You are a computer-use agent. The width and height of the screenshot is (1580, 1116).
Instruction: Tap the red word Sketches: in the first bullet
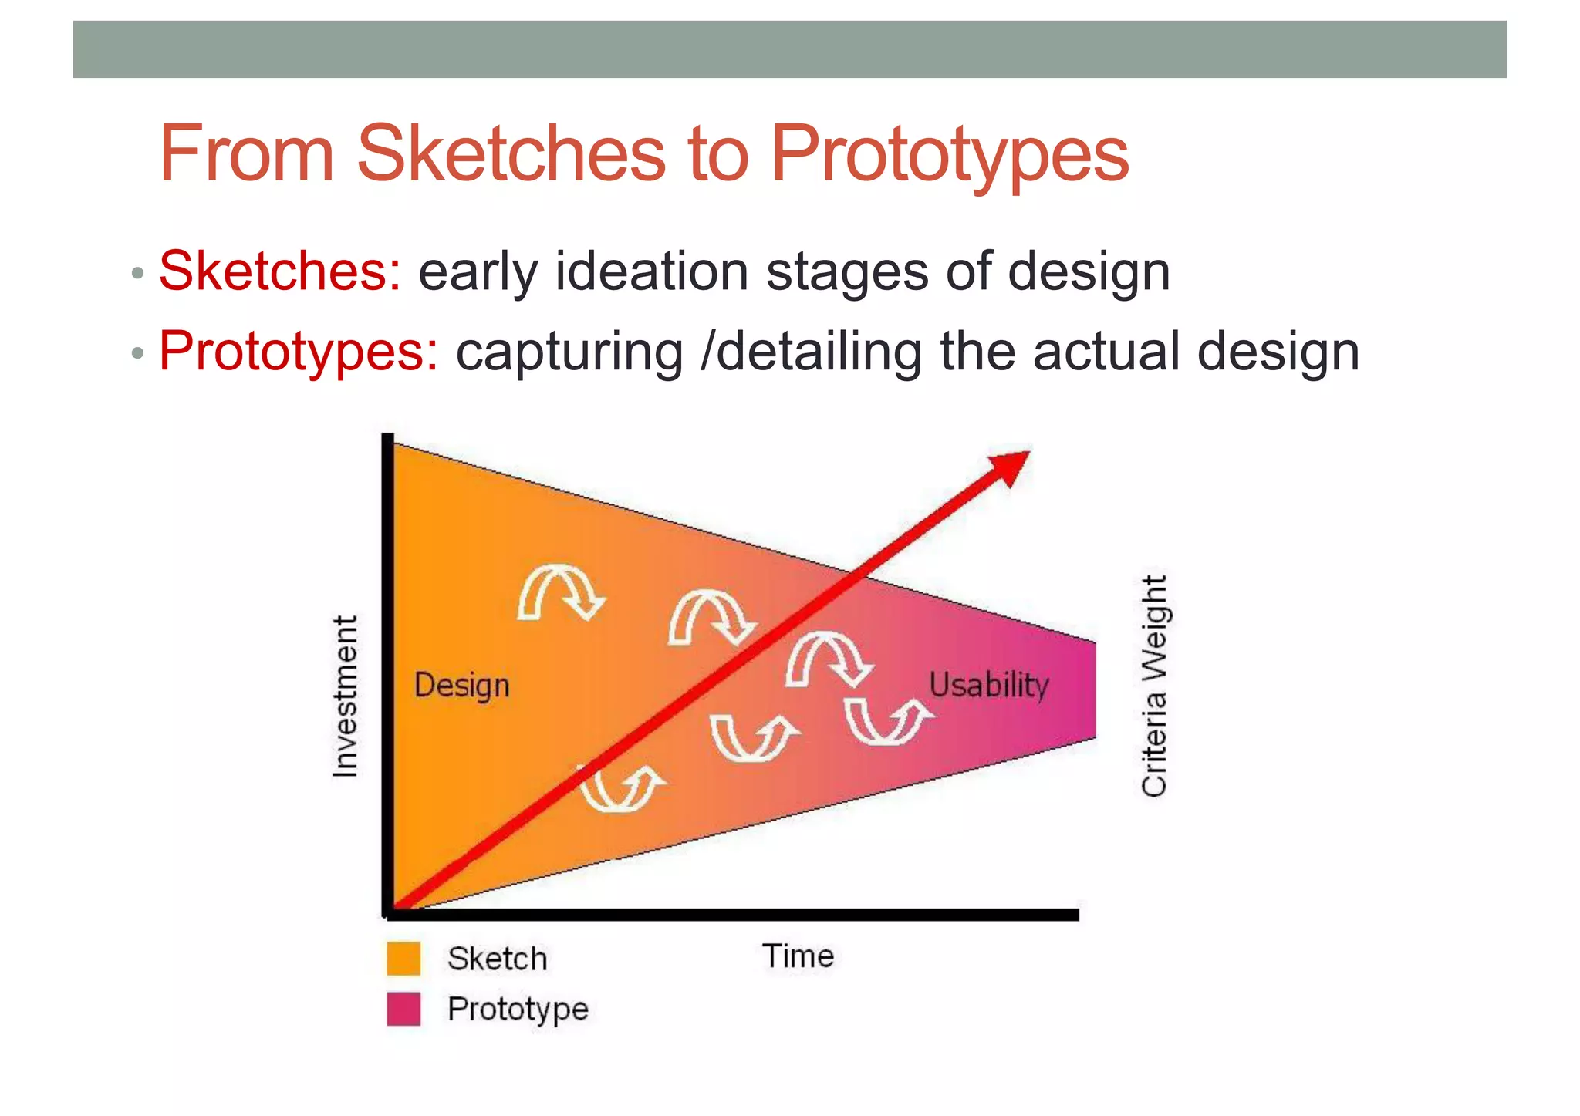tap(280, 271)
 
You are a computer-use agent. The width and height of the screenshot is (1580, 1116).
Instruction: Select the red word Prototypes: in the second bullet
tap(299, 352)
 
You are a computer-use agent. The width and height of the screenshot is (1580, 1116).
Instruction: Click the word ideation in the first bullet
tap(652, 271)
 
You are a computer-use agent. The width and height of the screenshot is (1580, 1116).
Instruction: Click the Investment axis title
tap(346, 696)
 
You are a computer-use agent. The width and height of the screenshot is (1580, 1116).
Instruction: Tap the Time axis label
tap(798, 956)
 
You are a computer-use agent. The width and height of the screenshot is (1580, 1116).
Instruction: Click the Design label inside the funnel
tap(461, 686)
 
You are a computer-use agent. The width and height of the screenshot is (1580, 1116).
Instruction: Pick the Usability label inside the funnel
tap(988, 685)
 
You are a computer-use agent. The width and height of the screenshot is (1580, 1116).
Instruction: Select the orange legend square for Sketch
tap(403, 959)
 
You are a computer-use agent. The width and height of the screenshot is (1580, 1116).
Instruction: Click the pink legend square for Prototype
tap(403, 1009)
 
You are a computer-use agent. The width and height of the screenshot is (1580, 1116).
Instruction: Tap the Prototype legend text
tap(518, 1009)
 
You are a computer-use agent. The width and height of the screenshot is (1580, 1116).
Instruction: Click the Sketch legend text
tap(498, 959)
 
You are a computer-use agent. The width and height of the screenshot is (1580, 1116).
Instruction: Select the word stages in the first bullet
tap(847, 273)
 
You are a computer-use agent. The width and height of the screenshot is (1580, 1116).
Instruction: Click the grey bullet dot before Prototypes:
tap(137, 354)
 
